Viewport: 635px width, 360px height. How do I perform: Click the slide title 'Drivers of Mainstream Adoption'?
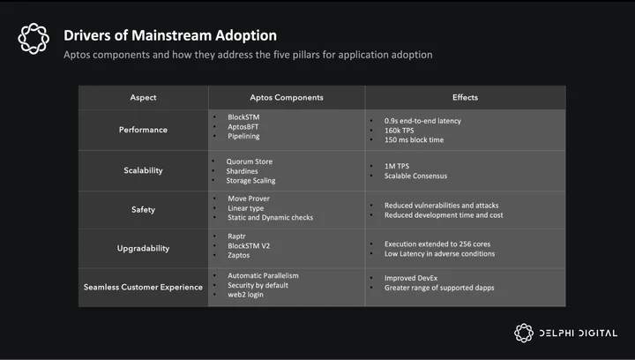click(170, 35)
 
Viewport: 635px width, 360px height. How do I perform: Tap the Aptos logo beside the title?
click(34, 39)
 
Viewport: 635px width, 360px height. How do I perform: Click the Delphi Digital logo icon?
click(524, 333)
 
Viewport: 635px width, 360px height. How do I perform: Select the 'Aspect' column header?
click(143, 98)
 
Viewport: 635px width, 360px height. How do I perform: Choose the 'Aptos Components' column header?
click(287, 98)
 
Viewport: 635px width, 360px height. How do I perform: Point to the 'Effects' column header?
click(465, 97)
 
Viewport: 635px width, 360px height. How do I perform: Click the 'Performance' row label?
click(143, 130)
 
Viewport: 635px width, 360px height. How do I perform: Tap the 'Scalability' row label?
click(143, 170)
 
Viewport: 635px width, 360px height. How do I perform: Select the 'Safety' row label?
click(143, 209)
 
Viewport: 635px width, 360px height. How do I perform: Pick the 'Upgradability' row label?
click(143, 248)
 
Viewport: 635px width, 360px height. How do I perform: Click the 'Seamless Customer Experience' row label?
click(143, 287)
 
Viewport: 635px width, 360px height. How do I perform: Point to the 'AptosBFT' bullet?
click(243, 127)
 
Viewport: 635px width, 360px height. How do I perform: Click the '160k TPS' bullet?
click(399, 131)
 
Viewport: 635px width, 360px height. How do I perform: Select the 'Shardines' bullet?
click(242, 171)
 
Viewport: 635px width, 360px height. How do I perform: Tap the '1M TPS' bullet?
click(397, 166)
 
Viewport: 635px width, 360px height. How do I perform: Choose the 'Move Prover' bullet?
click(248, 199)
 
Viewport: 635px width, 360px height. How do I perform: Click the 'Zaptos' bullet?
click(238, 255)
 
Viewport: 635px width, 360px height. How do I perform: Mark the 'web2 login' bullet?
click(245, 295)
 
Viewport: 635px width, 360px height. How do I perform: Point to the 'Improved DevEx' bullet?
click(411, 278)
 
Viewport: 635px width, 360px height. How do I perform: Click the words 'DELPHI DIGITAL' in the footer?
click(579, 334)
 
